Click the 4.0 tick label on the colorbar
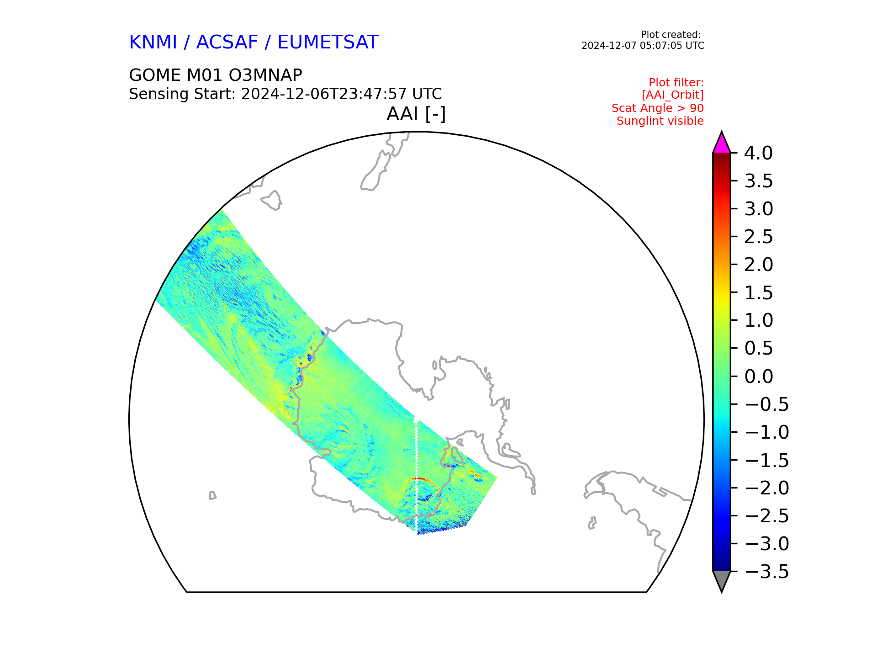pos(758,153)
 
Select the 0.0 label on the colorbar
pos(758,377)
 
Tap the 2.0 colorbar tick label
pos(758,265)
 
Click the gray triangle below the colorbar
pos(722,580)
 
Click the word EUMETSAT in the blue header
pos(328,42)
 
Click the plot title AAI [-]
pos(416,114)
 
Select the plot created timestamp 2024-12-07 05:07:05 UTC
pos(643,46)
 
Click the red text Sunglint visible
pos(660,121)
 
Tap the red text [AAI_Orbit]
pos(673,95)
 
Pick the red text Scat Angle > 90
pos(658,108)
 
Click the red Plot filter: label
pos(676,83)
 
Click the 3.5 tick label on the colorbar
pos(758,181)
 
